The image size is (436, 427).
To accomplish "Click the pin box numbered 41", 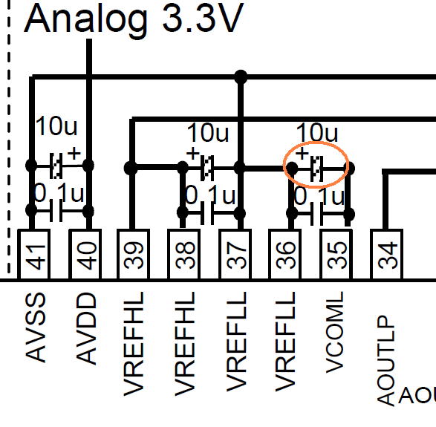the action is (34, 255).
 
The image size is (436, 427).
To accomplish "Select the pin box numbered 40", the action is (85, 255).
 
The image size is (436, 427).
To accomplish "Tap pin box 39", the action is (134, 255).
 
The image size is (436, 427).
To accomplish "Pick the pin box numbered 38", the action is (183, 255).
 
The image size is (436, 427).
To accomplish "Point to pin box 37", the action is (235, 255).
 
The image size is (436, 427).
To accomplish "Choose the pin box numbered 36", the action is (284, 255).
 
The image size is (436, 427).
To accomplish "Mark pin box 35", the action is (336, 255).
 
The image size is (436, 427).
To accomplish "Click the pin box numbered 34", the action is (386, 255).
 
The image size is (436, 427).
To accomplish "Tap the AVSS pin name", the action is (36, 327).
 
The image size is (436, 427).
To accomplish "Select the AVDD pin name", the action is (86, 328).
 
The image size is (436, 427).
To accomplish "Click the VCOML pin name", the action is (334, 333).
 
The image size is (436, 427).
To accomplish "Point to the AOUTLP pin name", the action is (386, 361).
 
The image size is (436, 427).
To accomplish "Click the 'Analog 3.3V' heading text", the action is (134, 19).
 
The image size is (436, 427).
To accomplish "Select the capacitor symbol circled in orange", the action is (316, 168).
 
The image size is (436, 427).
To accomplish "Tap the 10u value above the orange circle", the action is (317, 132).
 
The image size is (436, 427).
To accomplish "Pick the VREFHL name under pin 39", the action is (134, 344).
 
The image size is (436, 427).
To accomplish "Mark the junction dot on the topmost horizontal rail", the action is (241, 77).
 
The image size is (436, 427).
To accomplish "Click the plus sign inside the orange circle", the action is (302, 153).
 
